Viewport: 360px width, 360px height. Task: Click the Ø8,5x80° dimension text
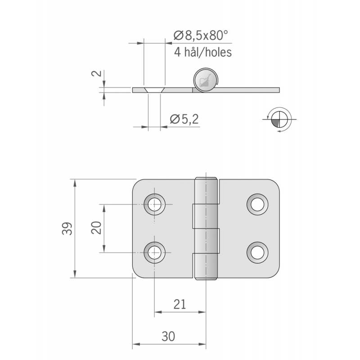201,35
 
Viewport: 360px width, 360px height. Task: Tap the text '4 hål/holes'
202,53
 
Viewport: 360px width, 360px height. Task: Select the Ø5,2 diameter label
184,119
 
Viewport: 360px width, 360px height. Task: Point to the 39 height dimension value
66,229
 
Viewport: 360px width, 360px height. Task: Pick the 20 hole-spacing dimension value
95,228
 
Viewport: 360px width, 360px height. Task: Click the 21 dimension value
180,305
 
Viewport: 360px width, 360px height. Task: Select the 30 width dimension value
168,336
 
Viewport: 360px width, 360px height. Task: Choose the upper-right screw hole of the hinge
257,204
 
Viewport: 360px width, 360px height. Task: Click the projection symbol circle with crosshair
279,119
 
